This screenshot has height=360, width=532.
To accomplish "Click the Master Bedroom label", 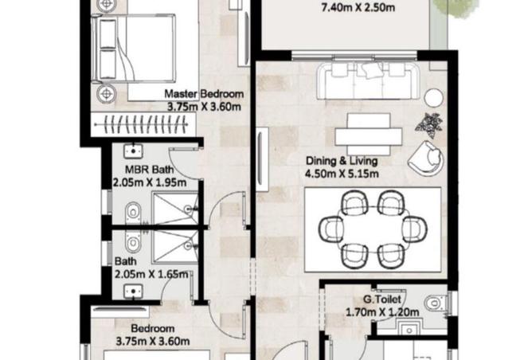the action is pos(204,93).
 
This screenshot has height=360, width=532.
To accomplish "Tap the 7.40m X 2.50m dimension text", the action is pos(358,7).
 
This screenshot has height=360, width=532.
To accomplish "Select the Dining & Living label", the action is pos(342,161).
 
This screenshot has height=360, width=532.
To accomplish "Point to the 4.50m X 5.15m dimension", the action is pos(342,174).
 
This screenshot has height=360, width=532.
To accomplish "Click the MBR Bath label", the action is pos(149,170).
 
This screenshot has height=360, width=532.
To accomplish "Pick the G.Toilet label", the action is pos(382,299).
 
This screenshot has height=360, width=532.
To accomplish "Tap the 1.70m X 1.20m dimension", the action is pos(382,312).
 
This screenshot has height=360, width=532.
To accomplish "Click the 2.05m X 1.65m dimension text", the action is pos(151,274).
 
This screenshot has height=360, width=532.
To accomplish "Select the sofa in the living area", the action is pos(368,81).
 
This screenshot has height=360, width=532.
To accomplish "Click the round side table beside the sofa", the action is pos(433,98).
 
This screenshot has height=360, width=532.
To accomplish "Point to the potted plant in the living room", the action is pos(428,125).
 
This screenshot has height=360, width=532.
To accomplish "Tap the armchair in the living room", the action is pos(426,158).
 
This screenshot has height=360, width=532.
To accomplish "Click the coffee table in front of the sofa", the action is pos(369,135).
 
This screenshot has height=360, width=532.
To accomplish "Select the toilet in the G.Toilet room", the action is pos(436,303).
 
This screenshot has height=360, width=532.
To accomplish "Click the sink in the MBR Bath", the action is pos(133,151).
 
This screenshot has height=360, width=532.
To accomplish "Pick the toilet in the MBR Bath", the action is pos(133,213).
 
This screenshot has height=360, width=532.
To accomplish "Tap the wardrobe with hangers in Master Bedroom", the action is pos(144,124).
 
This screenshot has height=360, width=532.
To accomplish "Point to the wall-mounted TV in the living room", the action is pos(262,159).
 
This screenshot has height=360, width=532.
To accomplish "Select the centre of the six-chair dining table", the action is pos(373,229).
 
